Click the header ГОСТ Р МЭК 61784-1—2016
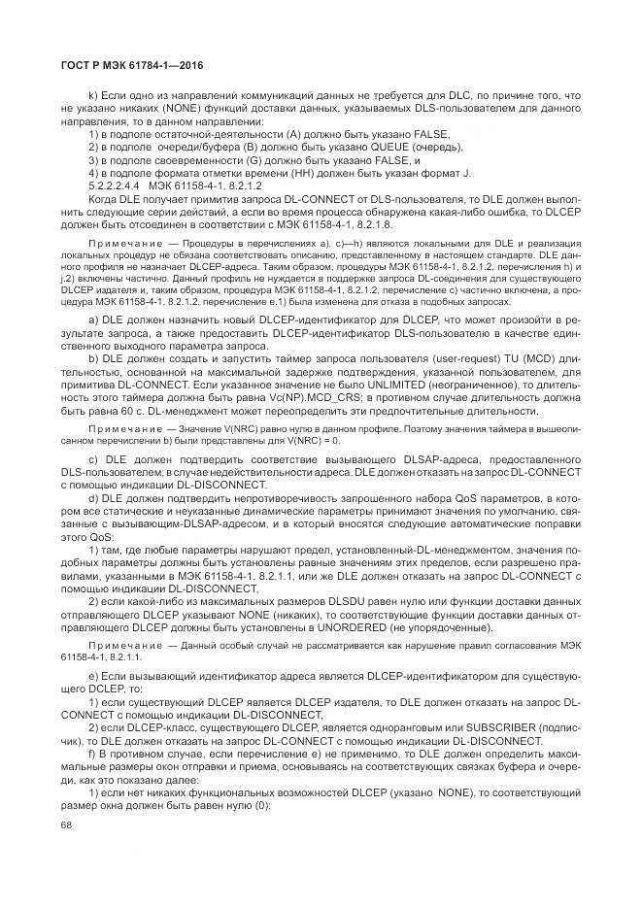coord(132,65)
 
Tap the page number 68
coord(67,824)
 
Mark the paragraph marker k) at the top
coord(94,95)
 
